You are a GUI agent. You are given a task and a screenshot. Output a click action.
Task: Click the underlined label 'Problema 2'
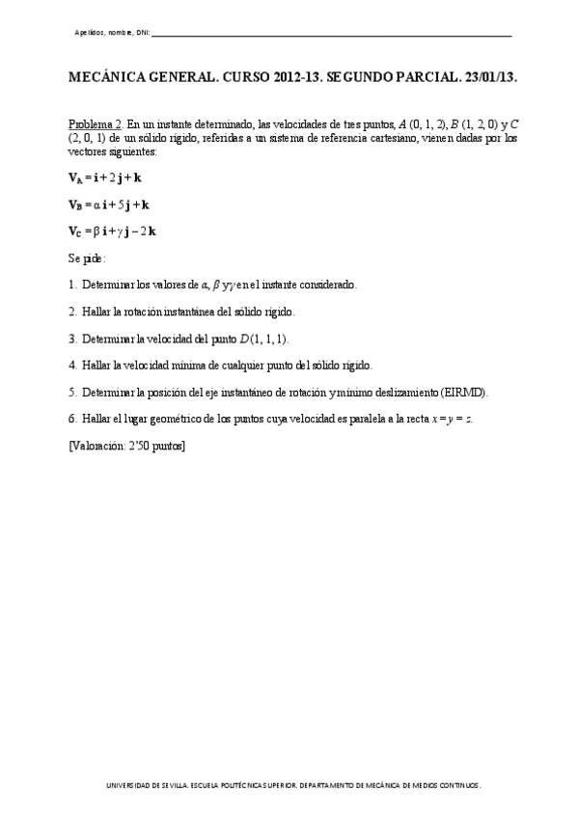[95, 124]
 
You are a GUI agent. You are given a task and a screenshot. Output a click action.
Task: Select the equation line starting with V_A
[105, 178]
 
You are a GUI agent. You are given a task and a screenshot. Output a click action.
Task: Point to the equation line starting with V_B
[108, 204]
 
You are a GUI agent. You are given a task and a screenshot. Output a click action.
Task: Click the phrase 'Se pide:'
[87, 259]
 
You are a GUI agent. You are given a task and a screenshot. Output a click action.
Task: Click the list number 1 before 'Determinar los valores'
[72, 285]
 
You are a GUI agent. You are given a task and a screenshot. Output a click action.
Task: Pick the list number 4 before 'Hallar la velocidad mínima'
[72, 366]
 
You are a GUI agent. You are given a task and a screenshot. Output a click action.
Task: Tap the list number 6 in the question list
[72, 420]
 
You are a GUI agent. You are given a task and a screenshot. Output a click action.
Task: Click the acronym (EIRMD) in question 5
[464, 393]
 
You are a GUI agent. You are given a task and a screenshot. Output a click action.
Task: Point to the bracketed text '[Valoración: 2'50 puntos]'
[126, 446]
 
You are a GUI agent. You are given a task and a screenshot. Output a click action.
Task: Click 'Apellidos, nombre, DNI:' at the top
[112, 34]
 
